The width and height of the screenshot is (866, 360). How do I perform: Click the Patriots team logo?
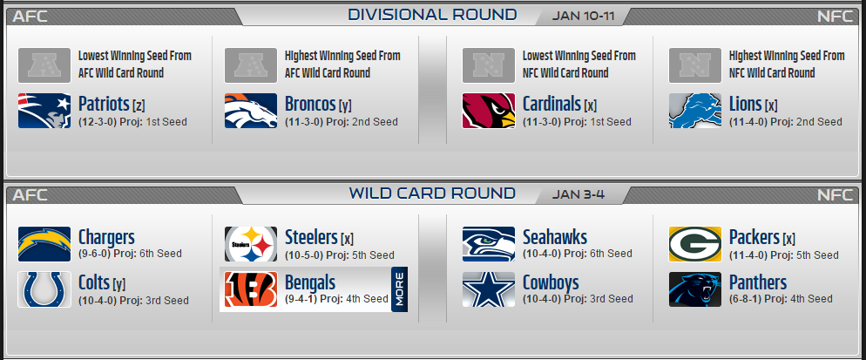pos(44,111)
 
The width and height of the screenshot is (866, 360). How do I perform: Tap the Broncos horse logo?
pos(251,111)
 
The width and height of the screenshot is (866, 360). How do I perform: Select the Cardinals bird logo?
pos(489,111)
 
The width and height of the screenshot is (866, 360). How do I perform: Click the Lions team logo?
pos(695,111)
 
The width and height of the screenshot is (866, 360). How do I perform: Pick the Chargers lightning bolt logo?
pos(44,244)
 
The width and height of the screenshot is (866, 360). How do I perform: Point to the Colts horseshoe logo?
pos(44,289)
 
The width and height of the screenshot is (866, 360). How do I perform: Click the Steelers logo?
pos(251,244)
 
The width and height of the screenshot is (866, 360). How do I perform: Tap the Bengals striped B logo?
pos(251,289)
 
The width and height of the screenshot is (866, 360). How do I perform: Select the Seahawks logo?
pos(489,244)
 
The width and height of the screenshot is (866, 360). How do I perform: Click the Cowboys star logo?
pos(489,289)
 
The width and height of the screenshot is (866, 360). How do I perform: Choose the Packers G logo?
pos(695,244)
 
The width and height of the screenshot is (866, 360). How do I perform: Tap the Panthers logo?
pos(695,289)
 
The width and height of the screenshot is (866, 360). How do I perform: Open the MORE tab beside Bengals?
pos(399,289)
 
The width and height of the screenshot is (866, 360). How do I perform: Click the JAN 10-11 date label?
pos(583,16)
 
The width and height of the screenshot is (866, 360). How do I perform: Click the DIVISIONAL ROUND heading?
pos(432,14)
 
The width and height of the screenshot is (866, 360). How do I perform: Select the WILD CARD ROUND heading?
pos(432,193)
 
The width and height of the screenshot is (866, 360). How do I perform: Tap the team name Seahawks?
pos(554,237)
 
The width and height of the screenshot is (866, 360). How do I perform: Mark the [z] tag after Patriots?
pos(139,105)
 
